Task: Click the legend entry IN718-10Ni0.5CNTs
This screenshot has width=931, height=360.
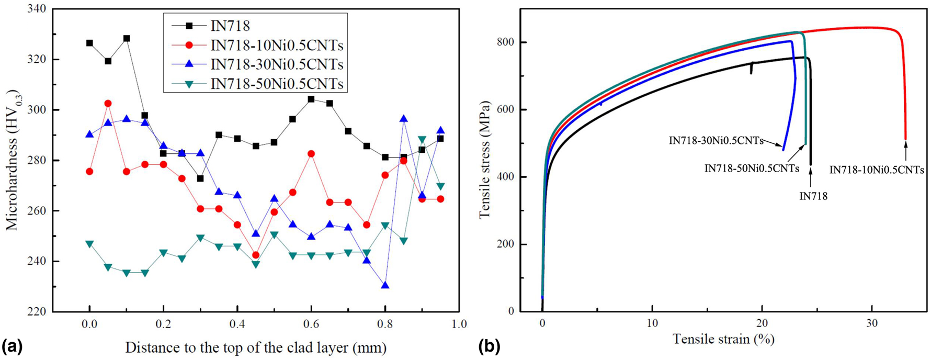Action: (277, 44)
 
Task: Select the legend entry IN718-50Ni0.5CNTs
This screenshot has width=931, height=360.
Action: (277, 84)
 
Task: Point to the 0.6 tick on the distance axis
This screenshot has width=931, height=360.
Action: (311, 324)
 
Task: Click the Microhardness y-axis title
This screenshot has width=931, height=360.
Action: (12, 160)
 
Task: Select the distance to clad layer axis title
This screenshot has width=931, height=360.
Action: (256, 347)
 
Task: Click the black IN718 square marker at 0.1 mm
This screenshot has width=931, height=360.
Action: (127, 38)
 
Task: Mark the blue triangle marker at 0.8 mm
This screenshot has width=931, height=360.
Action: (385, 285)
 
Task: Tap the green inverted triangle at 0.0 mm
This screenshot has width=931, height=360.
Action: (89, 244)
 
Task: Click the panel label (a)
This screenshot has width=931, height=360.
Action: (12, 346)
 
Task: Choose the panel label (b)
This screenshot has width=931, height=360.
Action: (490, 346)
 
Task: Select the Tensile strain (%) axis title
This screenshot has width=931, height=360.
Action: (723, 339)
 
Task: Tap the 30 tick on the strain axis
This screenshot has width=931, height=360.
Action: (872, 323)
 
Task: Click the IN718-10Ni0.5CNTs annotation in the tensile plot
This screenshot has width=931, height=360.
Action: (877, 170)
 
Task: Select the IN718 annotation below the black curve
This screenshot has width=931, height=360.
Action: (813, 197)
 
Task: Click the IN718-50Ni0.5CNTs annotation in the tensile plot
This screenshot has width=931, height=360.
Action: (752, 168)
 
